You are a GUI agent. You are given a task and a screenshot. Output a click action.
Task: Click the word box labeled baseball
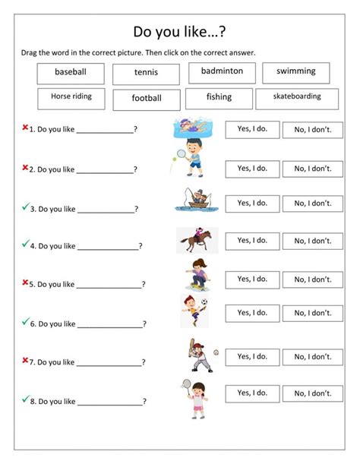pyautogui.click(x=70, y=72)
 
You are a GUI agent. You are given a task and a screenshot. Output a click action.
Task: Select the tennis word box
pyautogui.click(x=146, y=74)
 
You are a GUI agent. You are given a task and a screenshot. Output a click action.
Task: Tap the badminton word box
pyautogui.click(x=222, y=71)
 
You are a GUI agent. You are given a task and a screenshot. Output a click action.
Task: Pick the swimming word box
pyautogui.click(x=296, y=72)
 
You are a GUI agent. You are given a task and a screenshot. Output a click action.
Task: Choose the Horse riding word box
pyautogui.click(x=71, y=98)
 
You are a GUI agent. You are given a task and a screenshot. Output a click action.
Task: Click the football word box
pyautogui.click(x=147, y=99)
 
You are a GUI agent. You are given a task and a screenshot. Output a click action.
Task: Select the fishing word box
pyautogui.click(x=219, y=97)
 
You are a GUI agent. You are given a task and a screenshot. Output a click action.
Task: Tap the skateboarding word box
pyautogui.click(x=297, y=98)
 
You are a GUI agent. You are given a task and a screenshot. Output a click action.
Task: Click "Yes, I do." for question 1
pyautogui.click(x=252, y=130)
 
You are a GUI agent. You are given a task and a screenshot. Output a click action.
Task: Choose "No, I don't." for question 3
pyautogui.click(x=313, y=204)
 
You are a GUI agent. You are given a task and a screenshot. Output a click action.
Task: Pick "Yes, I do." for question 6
pyautogui.click(x=252, y=313)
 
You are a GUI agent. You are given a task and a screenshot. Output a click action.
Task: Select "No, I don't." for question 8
pyautogui.click(x=313, y=393)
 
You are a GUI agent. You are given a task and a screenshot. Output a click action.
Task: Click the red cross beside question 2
pyautogui.click(x=25, y=166)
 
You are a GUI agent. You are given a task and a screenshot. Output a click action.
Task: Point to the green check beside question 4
pyautogui.click(x=25, y=244)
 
